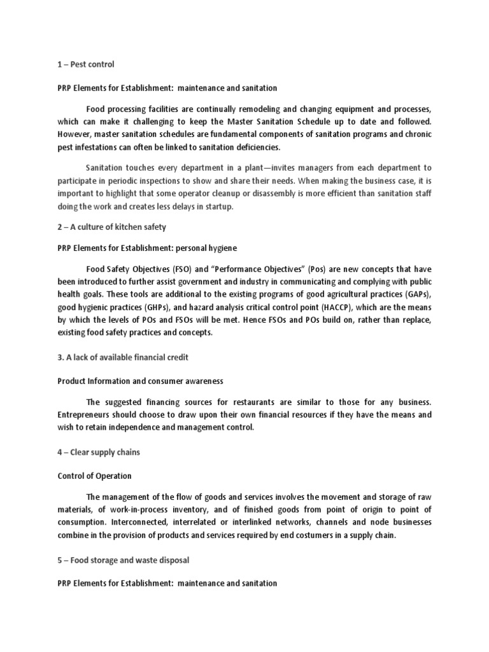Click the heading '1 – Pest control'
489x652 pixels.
coord(86,64)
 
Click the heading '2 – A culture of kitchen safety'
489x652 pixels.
coord(111,227)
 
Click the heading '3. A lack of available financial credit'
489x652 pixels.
coord(122,357)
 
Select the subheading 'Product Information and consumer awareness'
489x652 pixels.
coord(140,381)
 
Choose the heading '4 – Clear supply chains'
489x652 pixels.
coord(98,452)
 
